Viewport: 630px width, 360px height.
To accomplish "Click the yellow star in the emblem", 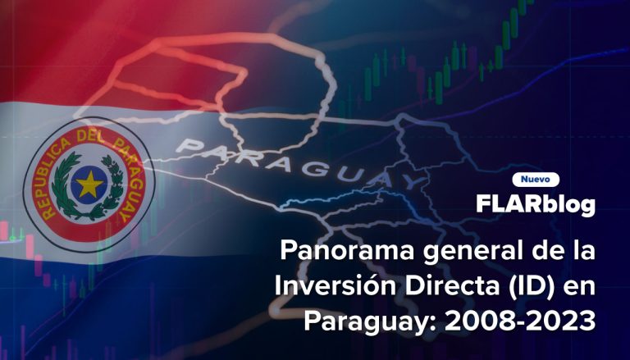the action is point(89,185).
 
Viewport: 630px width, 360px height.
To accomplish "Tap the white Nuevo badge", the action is point(536,180).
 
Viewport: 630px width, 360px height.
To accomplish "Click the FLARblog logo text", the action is point(536,204).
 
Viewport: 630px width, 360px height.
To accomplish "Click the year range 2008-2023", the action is point(520,321).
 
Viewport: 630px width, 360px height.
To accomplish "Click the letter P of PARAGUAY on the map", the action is point(189,145).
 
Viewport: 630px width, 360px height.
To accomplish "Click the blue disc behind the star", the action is point(89,185).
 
